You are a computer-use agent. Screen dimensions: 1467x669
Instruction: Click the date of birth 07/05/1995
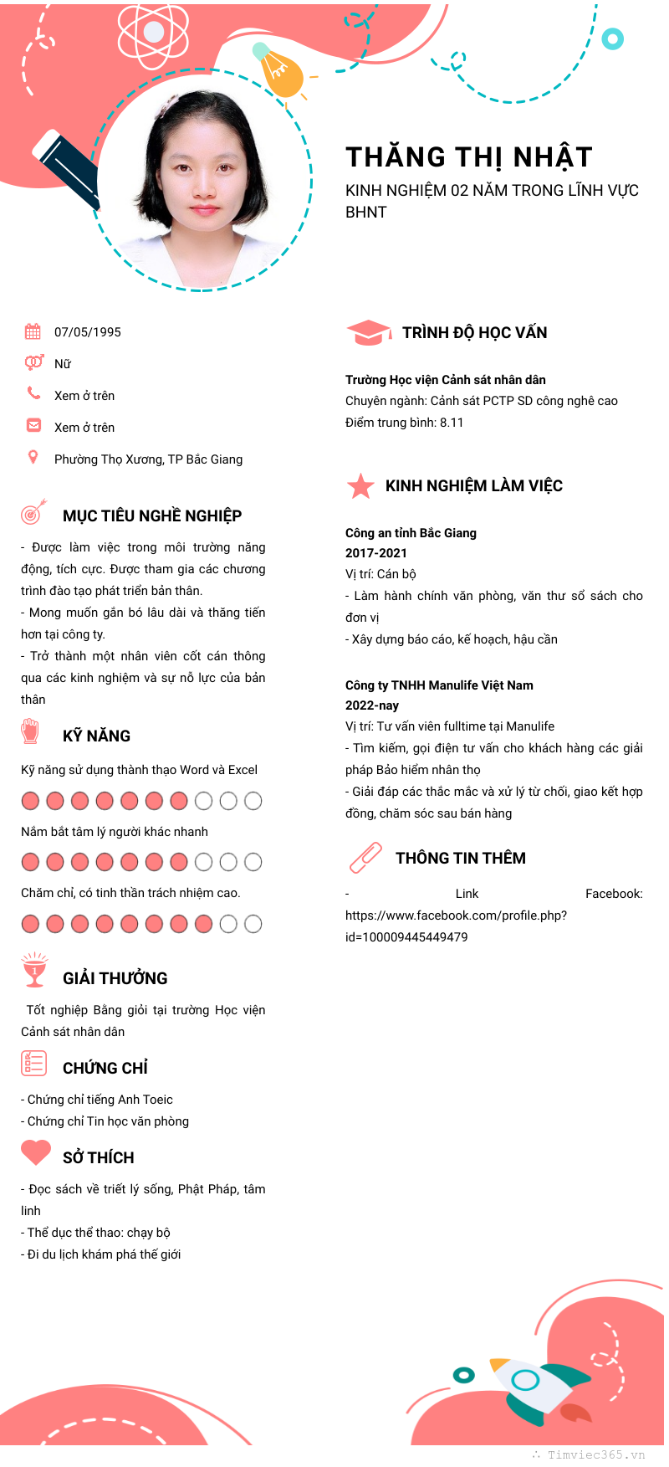click(88, 332)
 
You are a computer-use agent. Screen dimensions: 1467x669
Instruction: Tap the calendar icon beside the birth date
click(33, 331)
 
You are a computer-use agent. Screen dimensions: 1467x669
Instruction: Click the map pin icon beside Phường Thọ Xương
click(33, 457)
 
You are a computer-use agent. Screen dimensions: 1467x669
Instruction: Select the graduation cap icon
click(368, 332)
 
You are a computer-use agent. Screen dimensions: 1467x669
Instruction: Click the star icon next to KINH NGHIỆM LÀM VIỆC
click(360, 485)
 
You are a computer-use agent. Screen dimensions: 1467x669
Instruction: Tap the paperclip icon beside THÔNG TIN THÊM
click(365, 858)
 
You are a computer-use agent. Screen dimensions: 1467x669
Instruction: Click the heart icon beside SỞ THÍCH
click(36, 1152)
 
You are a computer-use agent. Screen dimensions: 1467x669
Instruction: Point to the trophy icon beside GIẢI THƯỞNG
click(34, 971)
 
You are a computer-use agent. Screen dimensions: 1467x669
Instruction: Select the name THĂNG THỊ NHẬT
click(469, 157)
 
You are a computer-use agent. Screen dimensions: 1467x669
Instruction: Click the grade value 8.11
click(452, 423)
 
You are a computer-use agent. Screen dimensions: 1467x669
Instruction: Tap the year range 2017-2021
click(376, 553)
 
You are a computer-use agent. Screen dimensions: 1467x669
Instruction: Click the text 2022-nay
click(372, 705)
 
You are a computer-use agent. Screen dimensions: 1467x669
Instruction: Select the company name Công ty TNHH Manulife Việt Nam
click(439, 685)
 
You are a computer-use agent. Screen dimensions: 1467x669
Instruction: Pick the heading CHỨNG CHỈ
click(105, 1068)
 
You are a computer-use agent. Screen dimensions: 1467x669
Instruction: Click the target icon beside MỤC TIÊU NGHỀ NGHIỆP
click(33, 512)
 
